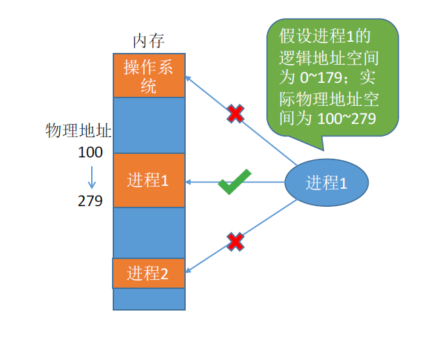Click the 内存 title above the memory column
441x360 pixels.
(x=149, y=40)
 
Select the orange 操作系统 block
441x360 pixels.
(x=149, y=75)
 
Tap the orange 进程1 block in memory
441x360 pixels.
(x=149, y=180)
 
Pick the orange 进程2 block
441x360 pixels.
(x=149, y=273)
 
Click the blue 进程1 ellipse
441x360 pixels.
(x=326, y=182)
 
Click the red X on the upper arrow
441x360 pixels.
(x=236, y=114)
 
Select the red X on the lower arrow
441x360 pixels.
(x=236, y=242)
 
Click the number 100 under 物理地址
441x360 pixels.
(x=90, y=152)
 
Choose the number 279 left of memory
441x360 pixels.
(x=90, y=201)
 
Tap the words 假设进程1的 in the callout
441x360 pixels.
(x=326, y=34)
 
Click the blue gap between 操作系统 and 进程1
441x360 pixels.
(x=149, y=125)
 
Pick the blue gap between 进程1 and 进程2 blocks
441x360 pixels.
(x=149, y=233)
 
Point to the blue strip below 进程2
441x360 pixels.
(x=149, y=299)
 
